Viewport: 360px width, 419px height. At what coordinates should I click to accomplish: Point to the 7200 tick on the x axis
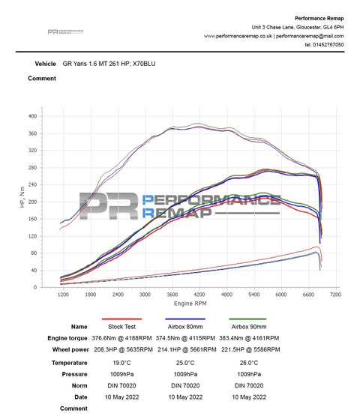pos(334,295)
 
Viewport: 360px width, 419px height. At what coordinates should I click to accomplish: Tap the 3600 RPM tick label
pos(172,295)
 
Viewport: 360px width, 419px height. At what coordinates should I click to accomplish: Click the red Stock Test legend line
pos(121,319)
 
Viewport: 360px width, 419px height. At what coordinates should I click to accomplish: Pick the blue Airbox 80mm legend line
pos(184,319)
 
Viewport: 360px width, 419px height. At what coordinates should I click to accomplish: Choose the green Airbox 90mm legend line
pos(247,319)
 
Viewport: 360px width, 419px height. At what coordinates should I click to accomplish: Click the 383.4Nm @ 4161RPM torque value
pos(248,338)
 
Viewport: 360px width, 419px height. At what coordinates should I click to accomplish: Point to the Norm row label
pos(78,385)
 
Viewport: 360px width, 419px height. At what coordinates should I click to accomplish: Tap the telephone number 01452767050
pos(328,45)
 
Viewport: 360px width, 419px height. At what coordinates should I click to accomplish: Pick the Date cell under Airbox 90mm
pos(248,396)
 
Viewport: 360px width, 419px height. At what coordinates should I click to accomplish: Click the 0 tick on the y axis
pos(45,288)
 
